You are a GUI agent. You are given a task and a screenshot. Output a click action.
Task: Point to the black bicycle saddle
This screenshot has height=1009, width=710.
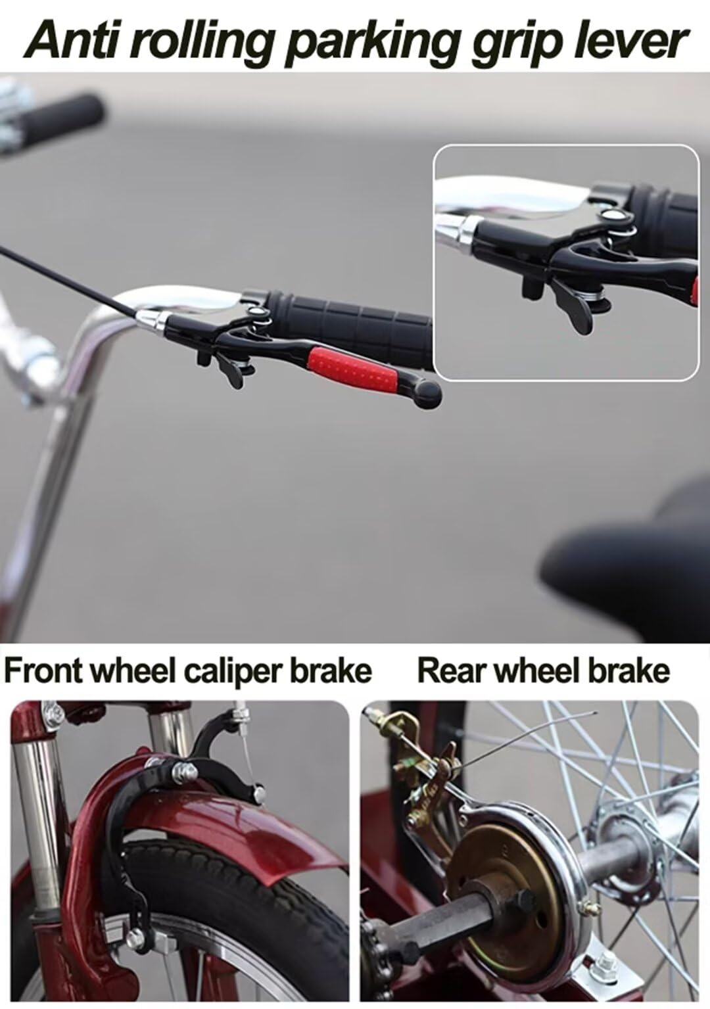pyautogui.click(x=631, y=546)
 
